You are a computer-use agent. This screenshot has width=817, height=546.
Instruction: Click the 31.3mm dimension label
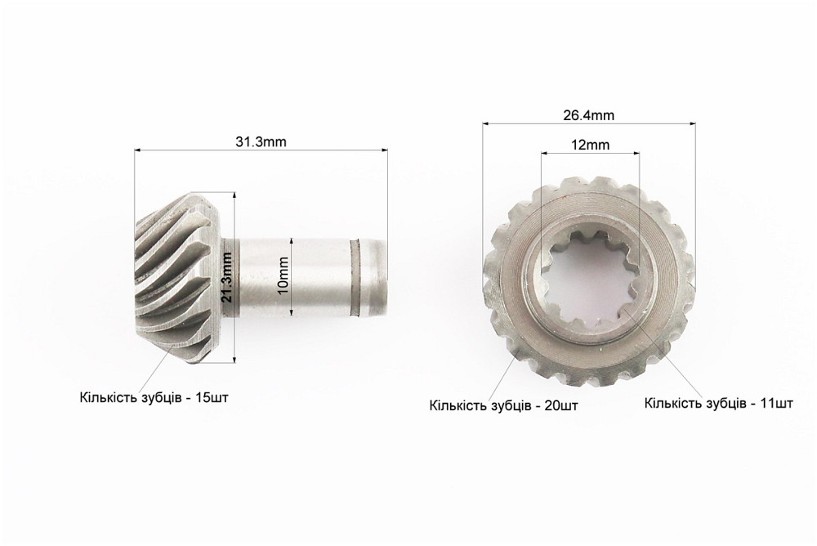(261, 142)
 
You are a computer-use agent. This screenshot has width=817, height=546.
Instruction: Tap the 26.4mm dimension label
(589, 115)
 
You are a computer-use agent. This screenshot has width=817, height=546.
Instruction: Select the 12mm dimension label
(590, 145)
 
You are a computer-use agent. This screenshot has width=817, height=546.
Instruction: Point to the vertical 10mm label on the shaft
(284, 276)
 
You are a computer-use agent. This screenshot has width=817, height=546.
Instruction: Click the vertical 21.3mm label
(226, 276)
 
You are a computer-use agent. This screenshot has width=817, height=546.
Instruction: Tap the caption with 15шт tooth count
(154, 397)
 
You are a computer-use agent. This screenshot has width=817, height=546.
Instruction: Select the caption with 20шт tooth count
(504, 405)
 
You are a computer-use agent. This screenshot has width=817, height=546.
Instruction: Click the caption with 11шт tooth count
(719, 403)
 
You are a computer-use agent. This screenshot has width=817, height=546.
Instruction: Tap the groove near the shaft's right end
(356, 277)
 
